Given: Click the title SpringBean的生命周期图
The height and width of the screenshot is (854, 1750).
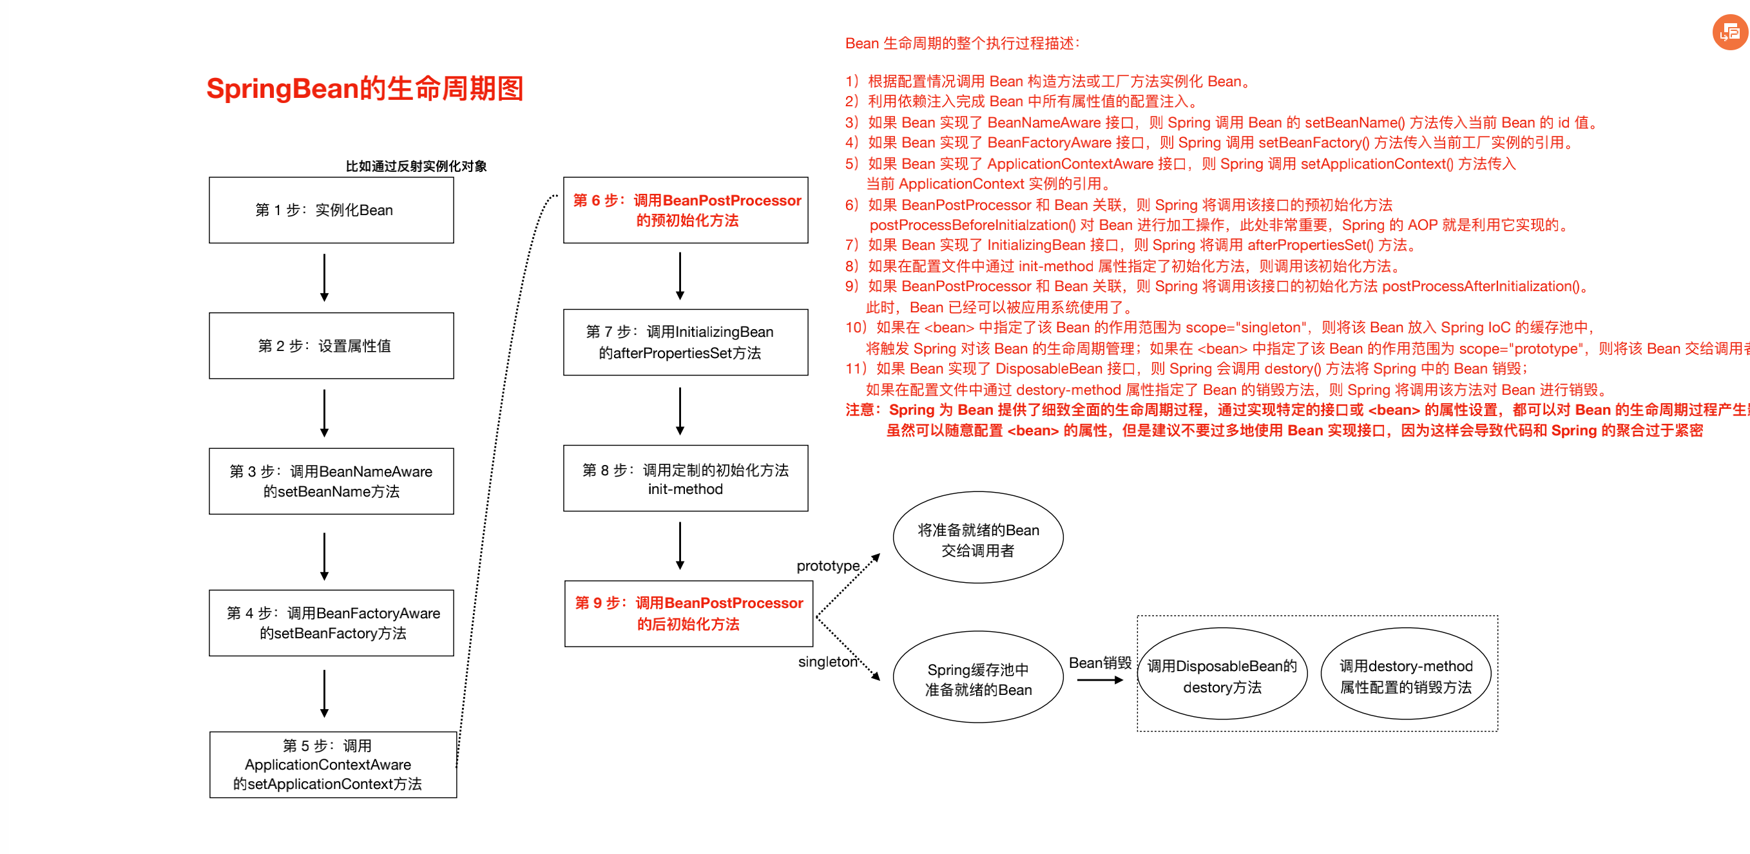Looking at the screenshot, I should pyautogui.click(x=365, y=89).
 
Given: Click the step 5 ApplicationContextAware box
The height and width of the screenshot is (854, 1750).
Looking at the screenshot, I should pyautogui.click(x=332, y=764).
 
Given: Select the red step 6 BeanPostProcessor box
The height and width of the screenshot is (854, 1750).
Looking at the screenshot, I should pyautogui.click(x=686, y=211).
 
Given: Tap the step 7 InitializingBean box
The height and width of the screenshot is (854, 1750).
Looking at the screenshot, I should pyautogui.click(x=686, y=342).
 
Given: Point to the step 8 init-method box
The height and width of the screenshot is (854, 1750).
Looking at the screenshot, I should pyautogui.click(x=686, y=479).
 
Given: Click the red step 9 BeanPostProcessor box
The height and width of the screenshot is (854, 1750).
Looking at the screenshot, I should pyautogui.click(x=688, y=614).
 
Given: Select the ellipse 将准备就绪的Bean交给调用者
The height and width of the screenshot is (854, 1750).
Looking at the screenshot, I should pyautogui.click(x=977, y=538).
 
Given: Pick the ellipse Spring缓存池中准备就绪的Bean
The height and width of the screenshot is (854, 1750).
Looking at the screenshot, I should pyautogui.click(x=977, y=677).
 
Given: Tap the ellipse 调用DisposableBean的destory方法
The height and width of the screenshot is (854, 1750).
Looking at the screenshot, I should pyautogui.click(x=1222, y=674).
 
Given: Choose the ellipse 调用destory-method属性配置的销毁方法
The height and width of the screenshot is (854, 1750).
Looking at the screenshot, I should pyautogui.click(x=1405, y=674).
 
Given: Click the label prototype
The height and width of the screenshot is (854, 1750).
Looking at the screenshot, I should pyautogui.click(x=827, y=565).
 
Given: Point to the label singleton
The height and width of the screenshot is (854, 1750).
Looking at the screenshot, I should pyautogui.click(x=827, y=661).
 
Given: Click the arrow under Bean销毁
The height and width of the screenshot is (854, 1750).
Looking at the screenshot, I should pyautogui.click(x=1100, y=679).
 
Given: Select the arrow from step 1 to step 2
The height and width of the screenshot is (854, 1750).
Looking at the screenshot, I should pyautogui.click(x=324, y=277).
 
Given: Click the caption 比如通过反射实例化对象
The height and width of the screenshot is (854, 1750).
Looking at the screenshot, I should pyautogui.click(x=416, y=166).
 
